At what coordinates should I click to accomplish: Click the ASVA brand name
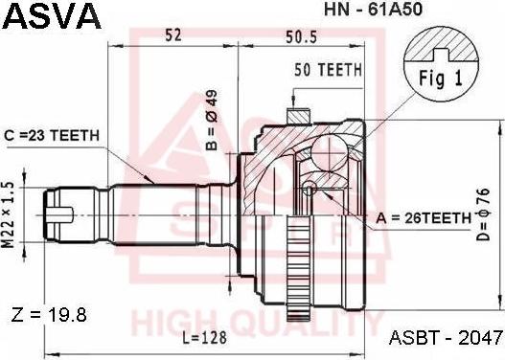click(52, 15)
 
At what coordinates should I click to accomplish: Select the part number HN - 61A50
click(373, 9)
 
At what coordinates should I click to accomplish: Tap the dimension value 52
click(172, 34)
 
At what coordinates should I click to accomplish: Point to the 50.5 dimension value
click(301, 36)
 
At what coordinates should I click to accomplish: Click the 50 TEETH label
click(328, 70)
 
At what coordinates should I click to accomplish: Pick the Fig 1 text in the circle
click(441, 79)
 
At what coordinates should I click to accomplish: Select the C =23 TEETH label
click(52, 135)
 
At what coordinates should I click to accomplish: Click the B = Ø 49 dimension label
click(212, 120)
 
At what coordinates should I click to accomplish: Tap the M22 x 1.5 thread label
click(10, 214)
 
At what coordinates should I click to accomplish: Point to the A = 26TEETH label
click(424, 218)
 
